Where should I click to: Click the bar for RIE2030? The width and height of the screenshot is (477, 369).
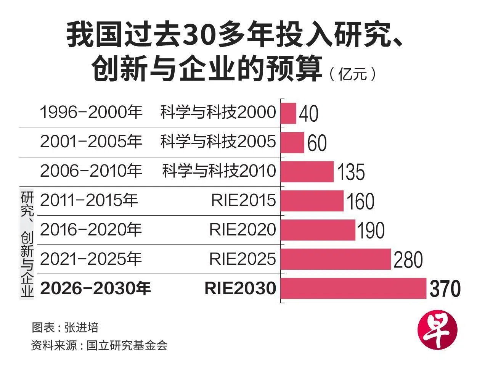click(x=353, y=288)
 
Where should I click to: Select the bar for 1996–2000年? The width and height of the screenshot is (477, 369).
click(x=288, y=113)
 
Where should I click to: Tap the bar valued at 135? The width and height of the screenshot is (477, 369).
click(x=307, y=172)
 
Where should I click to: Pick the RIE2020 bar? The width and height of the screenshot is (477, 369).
click(x=318, y=230)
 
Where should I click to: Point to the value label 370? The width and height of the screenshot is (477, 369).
click(x=445, y=289)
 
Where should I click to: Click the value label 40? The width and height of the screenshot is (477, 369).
click(x=308, y=114)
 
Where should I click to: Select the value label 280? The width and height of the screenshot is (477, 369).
click(x=408, y=260)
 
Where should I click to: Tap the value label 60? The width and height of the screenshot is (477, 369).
click(x=317, y=143)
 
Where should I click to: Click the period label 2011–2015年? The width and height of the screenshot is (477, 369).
click(x=89, y=200)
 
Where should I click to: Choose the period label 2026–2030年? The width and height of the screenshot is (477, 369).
click(x=95, y=288)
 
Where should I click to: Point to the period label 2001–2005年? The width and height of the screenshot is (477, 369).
click(x=91, y=142)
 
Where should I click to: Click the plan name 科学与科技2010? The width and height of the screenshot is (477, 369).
click(x=219, y=171)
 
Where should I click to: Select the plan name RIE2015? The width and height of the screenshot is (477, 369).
click(x=244, y=200)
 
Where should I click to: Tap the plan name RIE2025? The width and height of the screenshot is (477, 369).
click(x=243, y=259)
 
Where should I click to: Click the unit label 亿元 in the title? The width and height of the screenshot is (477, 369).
click(x=353, y=74)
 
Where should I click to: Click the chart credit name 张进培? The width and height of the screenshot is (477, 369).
click(x=82, y=327)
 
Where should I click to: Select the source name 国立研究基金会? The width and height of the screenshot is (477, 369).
click(x=127, y=345)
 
